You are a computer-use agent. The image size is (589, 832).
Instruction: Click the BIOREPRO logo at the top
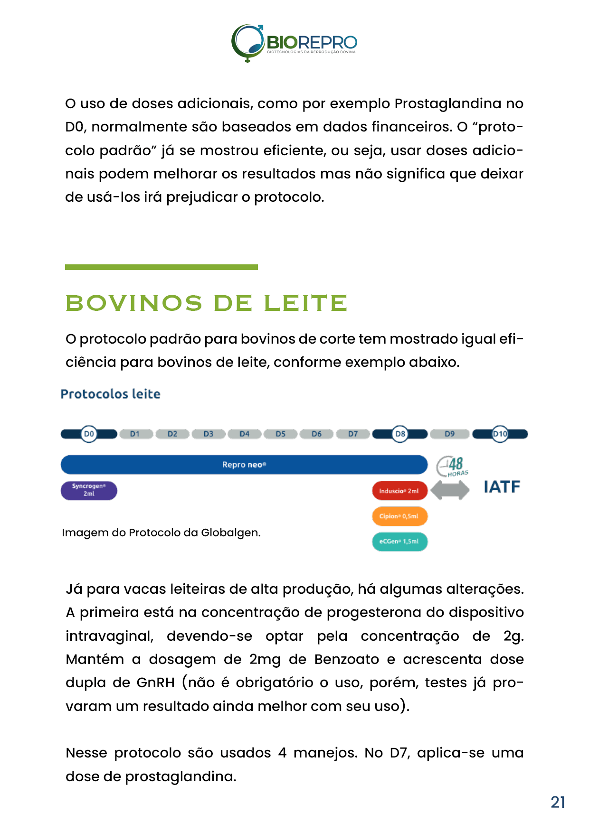coord(294,43)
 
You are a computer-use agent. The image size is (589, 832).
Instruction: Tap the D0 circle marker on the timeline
coord(89,434)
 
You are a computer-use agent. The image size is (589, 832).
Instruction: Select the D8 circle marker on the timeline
coord(400,434)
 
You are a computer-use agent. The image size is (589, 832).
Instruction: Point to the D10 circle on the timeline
coord(500,434)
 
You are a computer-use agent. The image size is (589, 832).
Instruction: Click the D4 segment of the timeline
coord(245,434)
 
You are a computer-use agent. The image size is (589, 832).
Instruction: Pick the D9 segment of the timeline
coord(449,434)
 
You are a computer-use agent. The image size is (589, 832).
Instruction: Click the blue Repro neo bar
coord(244,465)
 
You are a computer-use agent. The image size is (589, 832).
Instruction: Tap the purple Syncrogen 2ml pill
coord(89,490)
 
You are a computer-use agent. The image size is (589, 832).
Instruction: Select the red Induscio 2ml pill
coord(399,491)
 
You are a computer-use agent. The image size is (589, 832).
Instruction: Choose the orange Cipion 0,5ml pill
coord(399,516)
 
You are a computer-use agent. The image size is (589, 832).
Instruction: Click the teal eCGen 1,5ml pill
coord(399,542)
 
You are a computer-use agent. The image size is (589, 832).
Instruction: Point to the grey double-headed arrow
coord(450,490)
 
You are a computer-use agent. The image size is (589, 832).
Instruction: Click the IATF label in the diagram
coord(502,487)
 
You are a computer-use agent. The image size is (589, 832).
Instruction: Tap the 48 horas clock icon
coord(452,467)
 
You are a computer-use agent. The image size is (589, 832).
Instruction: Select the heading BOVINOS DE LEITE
coord(206,303)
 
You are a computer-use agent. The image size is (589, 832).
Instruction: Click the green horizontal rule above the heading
coord(161,267)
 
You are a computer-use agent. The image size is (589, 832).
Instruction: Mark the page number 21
coord(558,802)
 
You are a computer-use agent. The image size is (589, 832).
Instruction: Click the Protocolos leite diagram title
coord(110,394)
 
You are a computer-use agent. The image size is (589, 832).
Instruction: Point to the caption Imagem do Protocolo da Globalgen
coord(161,533)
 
